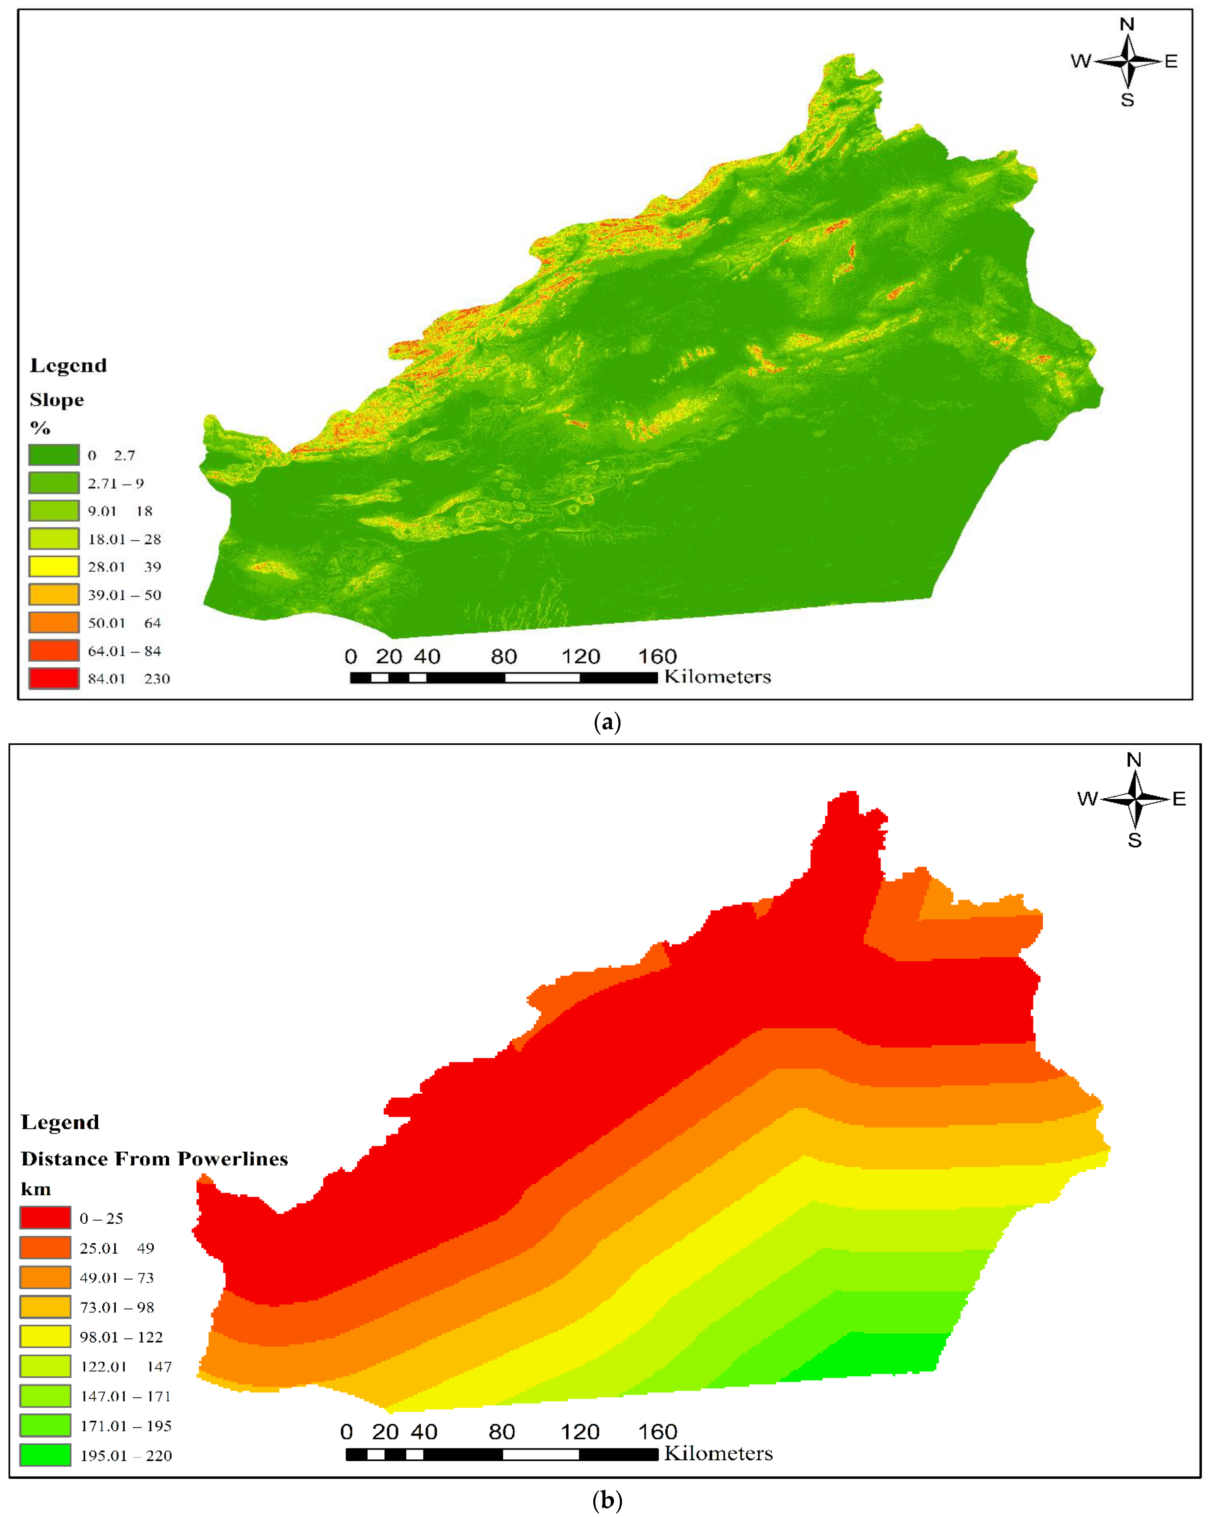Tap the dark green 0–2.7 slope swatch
click(53, 455)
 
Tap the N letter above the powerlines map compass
click(1133, 760)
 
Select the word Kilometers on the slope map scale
click(717, 677)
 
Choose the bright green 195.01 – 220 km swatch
click(45, 1454)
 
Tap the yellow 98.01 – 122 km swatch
click(45, 1336)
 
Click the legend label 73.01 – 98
click(116, 1307)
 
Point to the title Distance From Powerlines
click(154, 1158)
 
